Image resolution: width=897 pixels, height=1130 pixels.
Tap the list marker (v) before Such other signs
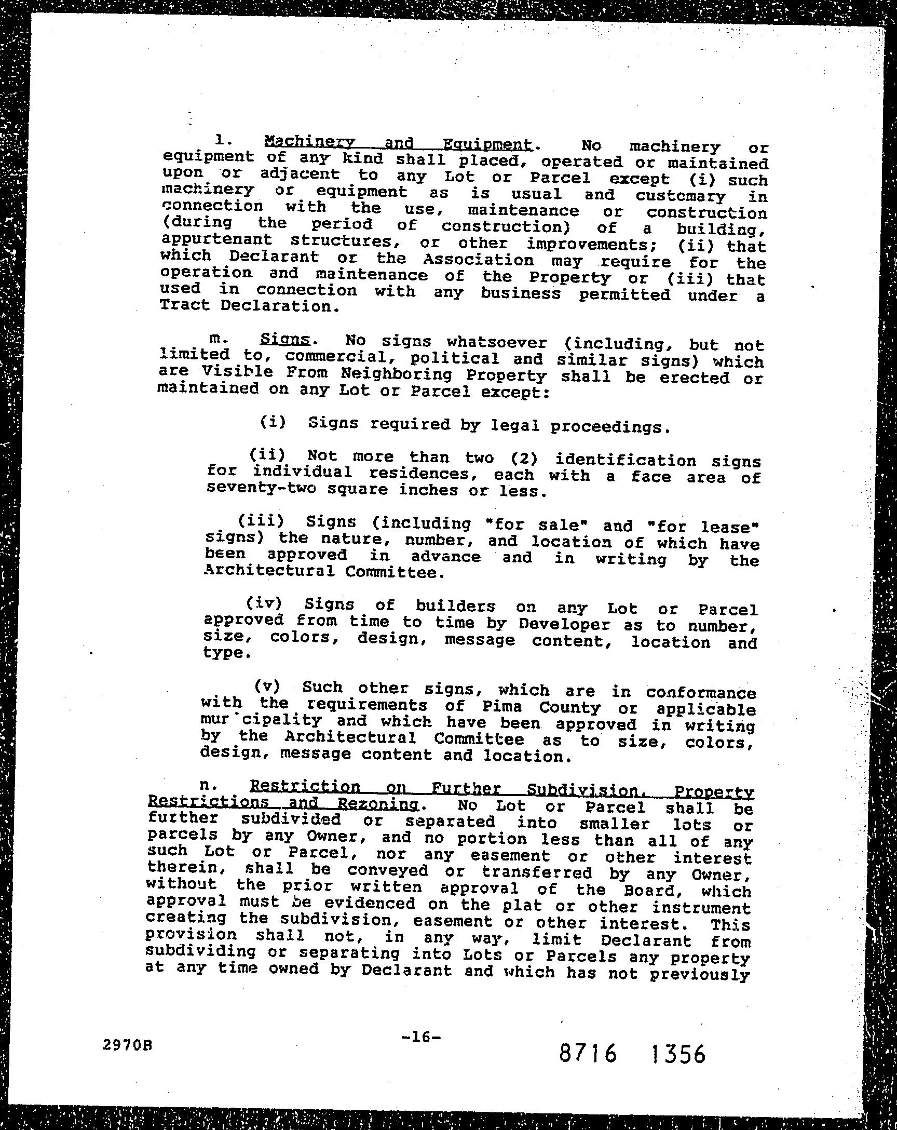coord(267,685)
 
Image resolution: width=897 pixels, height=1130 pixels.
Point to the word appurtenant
coord(216,239)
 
